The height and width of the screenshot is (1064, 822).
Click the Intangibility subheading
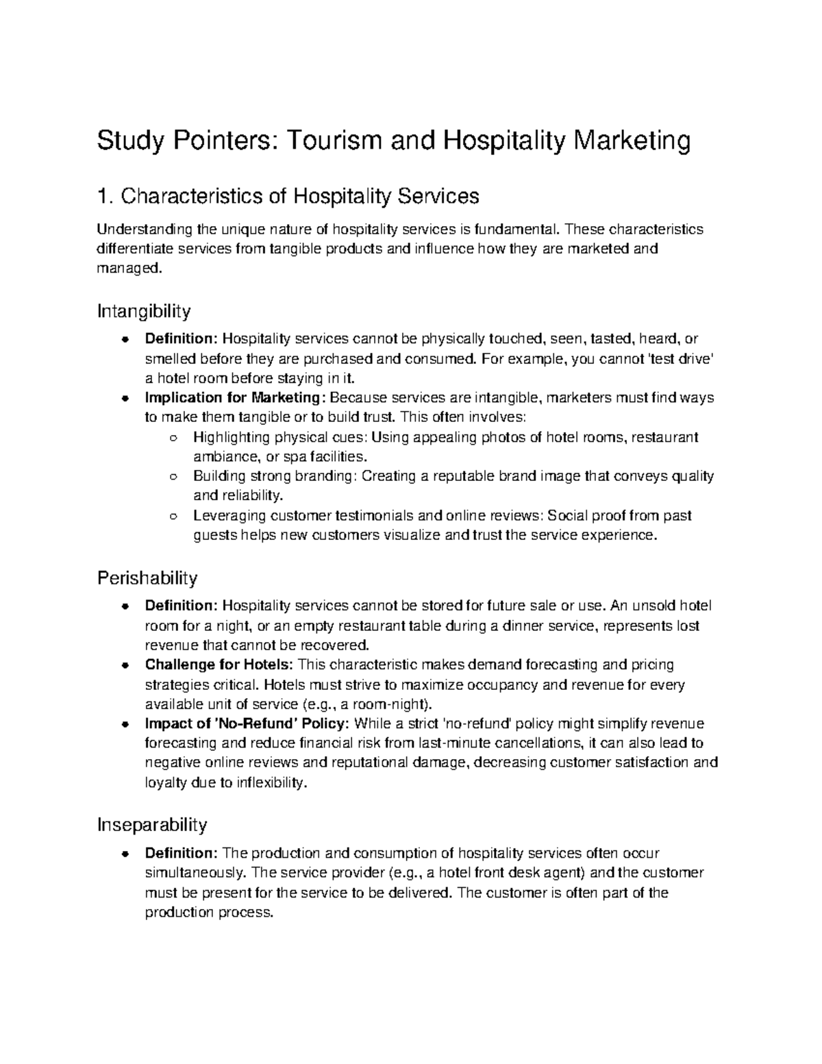coord(143,312)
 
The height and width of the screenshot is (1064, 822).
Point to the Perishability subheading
coord(147,578)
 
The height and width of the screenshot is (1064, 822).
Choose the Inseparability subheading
coord(151,826)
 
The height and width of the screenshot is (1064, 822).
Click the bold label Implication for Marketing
coord(232,397)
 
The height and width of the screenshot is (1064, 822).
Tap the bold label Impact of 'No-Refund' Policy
coord(247,723)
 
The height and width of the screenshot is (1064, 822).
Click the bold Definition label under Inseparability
coord(182,853)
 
